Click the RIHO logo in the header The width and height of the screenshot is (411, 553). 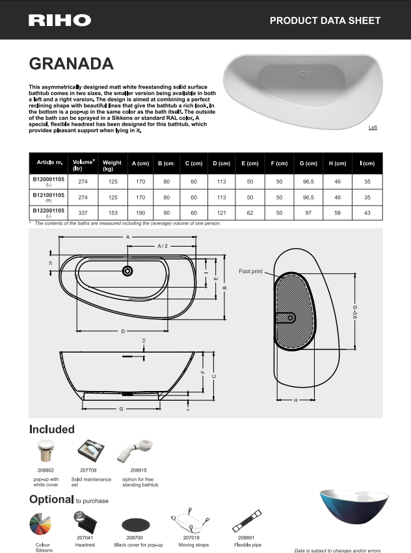tap(60, 20)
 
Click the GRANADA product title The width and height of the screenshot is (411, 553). tap(72, 64)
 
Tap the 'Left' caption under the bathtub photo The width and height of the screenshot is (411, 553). tap(373, 128)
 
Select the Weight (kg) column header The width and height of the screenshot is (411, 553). tap(112, 166)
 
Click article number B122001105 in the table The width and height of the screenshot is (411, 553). tap(48, 211)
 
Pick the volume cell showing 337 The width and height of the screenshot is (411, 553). tap(83, 212)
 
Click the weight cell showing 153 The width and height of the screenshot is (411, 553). tap(112, 212)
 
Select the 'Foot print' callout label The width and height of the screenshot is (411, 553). tap(250, 271)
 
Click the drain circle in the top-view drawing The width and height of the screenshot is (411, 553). tap(127, 271)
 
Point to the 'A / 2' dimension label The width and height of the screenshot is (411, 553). tap(163, 246)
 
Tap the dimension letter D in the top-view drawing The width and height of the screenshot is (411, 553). tap(122, 331)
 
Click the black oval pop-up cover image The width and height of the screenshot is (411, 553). tap(135, 524)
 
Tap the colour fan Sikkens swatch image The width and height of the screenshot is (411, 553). tap(43, 524)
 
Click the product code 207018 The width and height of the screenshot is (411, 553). tap(191, 538)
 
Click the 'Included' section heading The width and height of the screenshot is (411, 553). tap(52, 429)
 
